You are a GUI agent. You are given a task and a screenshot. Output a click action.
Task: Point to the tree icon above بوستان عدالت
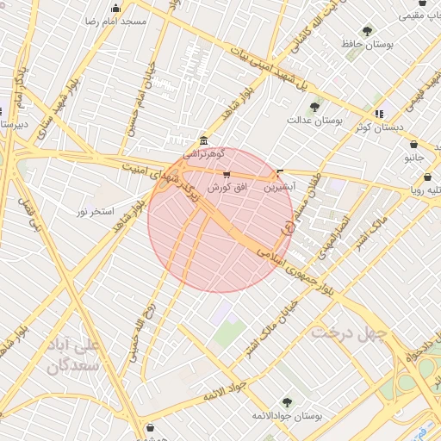pos(314,107)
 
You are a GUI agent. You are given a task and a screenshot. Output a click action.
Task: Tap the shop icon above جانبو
pos(415,145)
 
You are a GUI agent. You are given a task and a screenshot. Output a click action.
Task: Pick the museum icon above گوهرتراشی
pos(203,140)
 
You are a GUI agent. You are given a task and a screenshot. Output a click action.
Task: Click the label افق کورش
pos(227,187)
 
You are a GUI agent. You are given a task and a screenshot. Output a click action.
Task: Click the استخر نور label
pos(95,211)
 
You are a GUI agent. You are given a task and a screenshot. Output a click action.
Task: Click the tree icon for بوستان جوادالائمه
pos(287,402)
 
